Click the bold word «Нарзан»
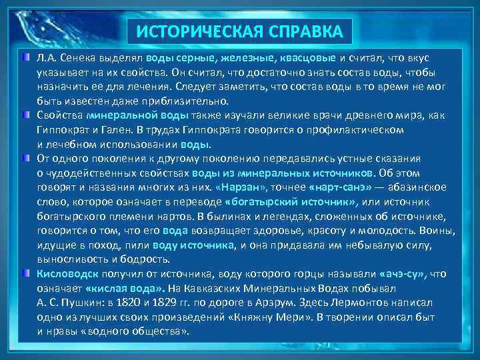[239, 188]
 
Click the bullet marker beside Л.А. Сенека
[25, 58]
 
